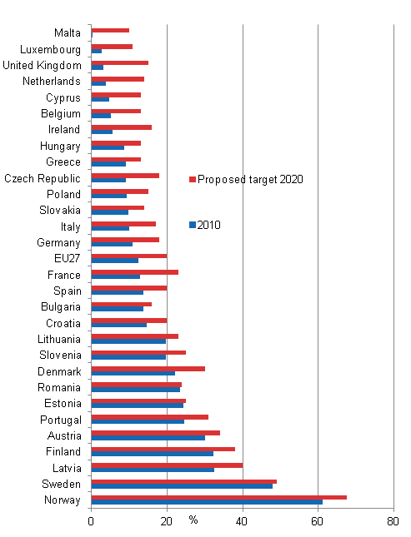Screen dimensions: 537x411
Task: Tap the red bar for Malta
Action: click(110, 30)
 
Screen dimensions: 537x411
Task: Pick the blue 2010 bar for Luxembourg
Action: click(97, 51)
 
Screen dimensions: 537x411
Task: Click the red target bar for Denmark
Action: click(148, 368)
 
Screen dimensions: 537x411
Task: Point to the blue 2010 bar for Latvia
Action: click(153, 470)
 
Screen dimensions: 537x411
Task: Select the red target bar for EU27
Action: click(128, 256)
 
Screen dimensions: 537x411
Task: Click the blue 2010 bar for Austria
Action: click(148, 437)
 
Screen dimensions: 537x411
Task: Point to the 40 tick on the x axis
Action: click(243, 521)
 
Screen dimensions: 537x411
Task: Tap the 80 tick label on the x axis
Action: click(393, 521)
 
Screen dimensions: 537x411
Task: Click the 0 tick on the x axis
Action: click(91, 521)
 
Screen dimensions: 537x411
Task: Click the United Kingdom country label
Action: click(42, 65)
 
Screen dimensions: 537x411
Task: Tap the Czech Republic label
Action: click(43, 178)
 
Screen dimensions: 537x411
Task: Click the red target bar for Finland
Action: click(163, 449)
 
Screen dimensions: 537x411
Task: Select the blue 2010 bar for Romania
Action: click(135, 389)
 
